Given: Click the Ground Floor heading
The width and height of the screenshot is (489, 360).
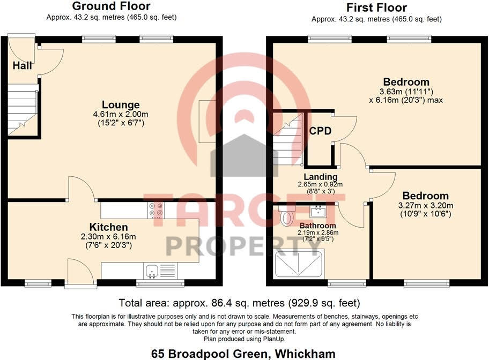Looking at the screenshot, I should (x=111, y=6).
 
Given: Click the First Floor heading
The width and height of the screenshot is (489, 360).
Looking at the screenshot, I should (x=376, y=7).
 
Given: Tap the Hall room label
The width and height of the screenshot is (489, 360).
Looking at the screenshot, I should (x=22, y=66).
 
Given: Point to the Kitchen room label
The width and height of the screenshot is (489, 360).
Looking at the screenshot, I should (x=108, y=227).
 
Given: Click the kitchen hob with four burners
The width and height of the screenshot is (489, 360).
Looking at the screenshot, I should (x=156, y=209).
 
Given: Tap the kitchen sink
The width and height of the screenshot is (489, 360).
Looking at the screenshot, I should (x=153, y=271).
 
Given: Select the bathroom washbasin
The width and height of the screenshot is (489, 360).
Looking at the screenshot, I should (x=317, y=210).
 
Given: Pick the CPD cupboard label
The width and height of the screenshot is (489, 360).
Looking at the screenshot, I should (x=320, y=131).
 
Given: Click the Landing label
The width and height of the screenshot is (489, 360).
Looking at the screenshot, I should (x=320, y=177).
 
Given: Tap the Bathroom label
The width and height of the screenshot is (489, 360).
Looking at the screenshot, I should (x=318, y=226).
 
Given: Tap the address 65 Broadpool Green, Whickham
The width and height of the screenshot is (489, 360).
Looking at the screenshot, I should (x=244, y=353).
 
